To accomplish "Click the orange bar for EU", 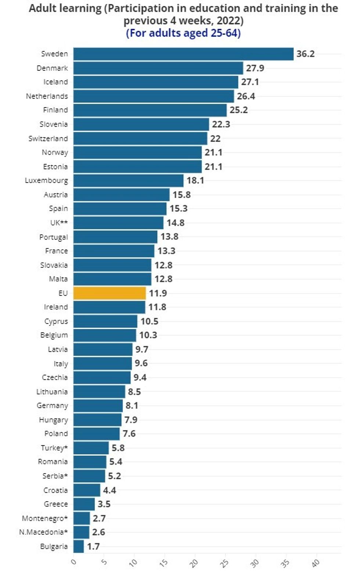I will tap(109, 293).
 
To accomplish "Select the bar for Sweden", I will tap(183, 54).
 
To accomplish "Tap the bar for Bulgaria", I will tap(79, 546).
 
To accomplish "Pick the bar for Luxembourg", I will tap(128, 180).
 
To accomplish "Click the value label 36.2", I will tap(306, 54).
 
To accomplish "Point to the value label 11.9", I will tap(158, 293).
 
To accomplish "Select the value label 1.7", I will tap(93, 546).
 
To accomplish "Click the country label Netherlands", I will tap(47, 96).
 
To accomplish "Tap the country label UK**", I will tap(59, 223).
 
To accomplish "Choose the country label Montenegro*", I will tap(45, 518).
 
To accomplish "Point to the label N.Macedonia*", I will tap(43, 532).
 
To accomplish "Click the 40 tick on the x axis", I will tap(316, 563).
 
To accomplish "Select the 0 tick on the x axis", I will tap(74, 562).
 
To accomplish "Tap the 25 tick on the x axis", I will tap(225, 563).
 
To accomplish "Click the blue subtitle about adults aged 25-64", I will tap(183, 33).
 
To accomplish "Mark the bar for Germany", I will tap(98, 405).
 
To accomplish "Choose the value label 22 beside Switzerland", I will tap(215, 139).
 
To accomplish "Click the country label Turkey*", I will tap(54, 448).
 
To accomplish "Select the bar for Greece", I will tap(84, 504).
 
